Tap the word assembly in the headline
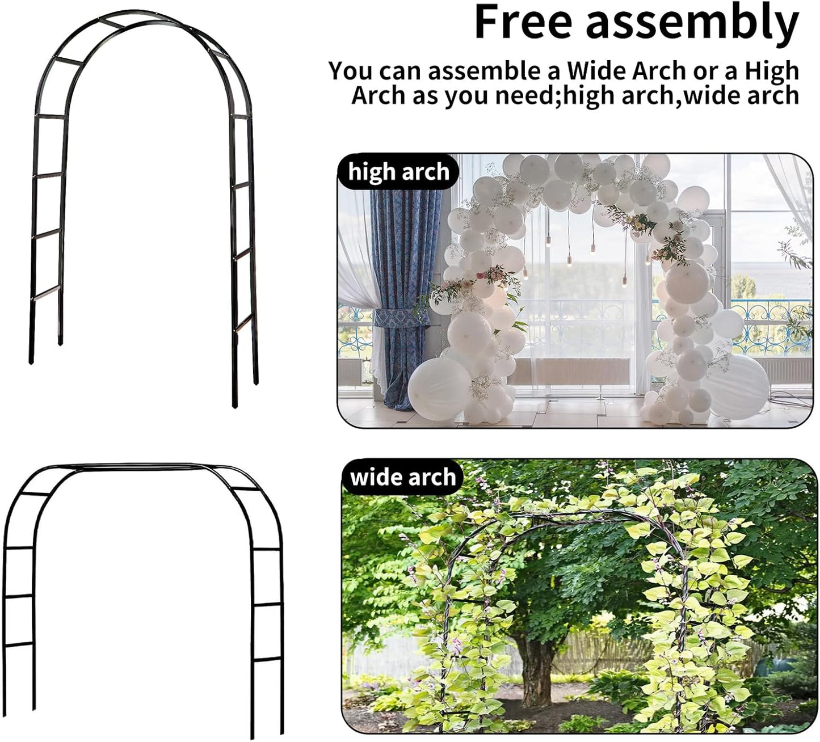pyautogui.click(x=692, y=24)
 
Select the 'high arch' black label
pyautogui.click(x=398, y=171)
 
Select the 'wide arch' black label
pyautogui.click(x=403, y=477)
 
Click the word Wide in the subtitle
pyautogui.click(x=595, y=71)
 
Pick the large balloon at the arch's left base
pyautogui.click(x=440, y=389)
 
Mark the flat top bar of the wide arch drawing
pyautogui.click(x=142, y=466)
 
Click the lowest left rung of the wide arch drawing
pyautogui.click(x=18, y=644)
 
